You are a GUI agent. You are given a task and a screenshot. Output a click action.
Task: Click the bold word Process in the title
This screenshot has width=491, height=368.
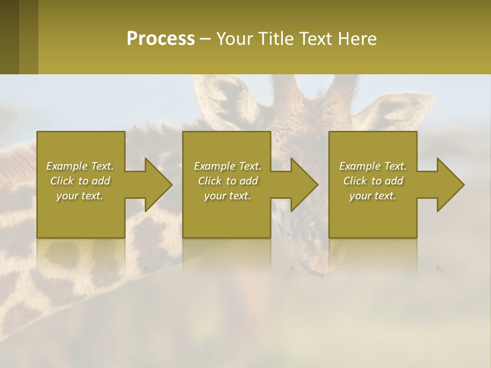(161, 38)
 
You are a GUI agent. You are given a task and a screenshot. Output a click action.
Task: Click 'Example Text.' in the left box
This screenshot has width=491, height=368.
(80, 166)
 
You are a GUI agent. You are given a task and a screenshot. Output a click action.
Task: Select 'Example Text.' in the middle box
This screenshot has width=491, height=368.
(228, 166)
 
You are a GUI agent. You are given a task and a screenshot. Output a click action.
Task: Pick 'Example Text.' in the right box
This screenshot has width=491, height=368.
(373, 166)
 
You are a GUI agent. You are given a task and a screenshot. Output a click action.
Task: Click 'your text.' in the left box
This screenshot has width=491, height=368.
(80, 196)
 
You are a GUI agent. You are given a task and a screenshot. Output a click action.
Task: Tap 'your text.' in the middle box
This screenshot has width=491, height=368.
(228, 196)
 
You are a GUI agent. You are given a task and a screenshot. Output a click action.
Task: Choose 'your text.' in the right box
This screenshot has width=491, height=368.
(373, 196)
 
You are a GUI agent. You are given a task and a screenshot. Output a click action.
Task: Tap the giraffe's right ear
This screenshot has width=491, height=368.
(381, 110)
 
